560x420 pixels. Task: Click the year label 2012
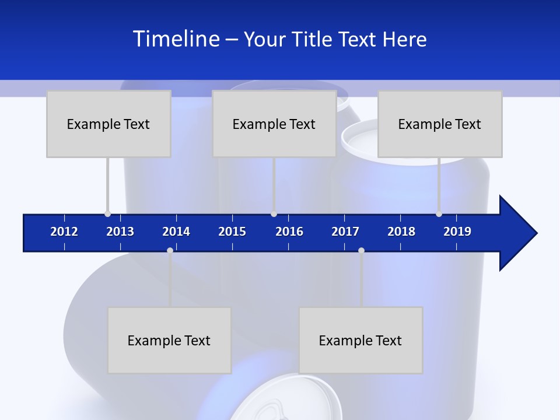point(64,232)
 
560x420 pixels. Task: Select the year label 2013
point(120,232)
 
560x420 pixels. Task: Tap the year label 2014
point(176,232)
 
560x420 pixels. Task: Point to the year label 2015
point(232,232)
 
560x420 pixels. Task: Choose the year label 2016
point(289,232)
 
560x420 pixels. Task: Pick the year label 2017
point(345,232)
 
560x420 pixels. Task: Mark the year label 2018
point(401,232)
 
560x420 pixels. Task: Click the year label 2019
point(457,232)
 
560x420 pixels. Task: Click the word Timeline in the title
point(176,39)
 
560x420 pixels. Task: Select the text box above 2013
point(108,124)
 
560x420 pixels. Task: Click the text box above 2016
point(274,124)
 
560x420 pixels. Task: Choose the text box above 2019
point(440,124)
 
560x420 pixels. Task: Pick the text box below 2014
point(169,340)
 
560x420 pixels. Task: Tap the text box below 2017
point(360,340)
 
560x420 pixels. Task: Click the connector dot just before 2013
point(107,213)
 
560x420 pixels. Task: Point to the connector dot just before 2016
point(274,213)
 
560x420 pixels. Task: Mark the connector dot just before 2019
point(439,213)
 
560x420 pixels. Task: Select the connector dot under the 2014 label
point(170,250)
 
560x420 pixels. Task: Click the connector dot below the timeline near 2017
point(361,250)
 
